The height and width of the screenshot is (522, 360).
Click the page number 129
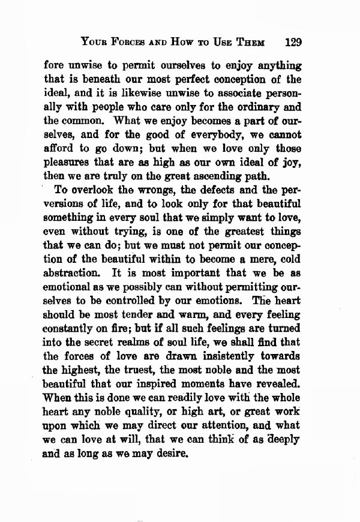pos(293,43)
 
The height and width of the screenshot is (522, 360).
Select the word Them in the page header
pos(253,43)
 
